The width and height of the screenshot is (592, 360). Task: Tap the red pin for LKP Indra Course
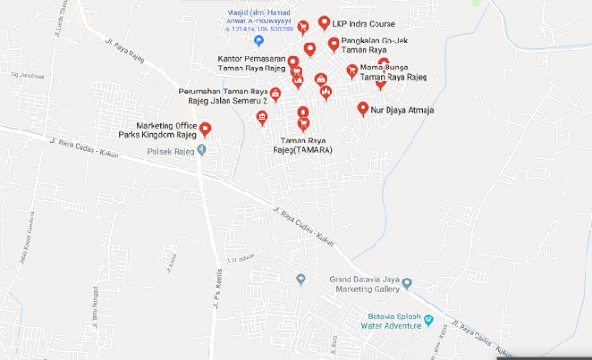pos(324,22)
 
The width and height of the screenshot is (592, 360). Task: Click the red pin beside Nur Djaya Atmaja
pos(363,108)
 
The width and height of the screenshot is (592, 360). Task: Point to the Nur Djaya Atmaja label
pos(402,110)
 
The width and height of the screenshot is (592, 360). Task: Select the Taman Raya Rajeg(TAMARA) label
pos(302,144)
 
